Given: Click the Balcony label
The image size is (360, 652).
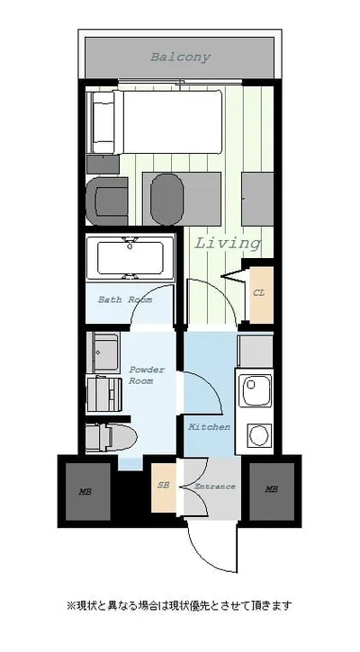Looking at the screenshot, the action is click(180, 57).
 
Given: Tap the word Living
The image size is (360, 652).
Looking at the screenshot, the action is click(228, 243).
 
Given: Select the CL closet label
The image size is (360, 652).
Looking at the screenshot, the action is click(259, 293).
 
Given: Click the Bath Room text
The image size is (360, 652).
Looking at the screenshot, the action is click(125, 299).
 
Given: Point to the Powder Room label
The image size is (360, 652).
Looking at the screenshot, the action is click(147, 375).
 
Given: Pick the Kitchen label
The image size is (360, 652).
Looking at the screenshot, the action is click(210, 427).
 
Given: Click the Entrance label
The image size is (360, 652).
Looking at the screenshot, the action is click(215, 487).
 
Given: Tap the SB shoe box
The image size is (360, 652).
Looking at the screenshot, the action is click(164, 487).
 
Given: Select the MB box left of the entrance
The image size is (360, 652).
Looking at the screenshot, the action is click(88, 492).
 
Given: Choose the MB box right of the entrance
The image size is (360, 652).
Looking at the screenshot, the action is click(272, 491).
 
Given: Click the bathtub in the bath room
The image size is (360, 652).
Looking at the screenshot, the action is click(130, 258).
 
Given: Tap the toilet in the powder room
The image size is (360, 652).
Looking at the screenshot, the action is click(112, 438).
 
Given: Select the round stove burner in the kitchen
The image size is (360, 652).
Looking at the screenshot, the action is click(260, 435).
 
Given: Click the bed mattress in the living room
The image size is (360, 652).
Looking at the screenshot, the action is click(172, 121).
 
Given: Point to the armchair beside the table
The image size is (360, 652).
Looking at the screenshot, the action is click(107, 201).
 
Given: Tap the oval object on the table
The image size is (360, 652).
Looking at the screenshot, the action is click(166, 200).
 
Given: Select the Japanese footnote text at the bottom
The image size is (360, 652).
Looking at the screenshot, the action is click(179, 605).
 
